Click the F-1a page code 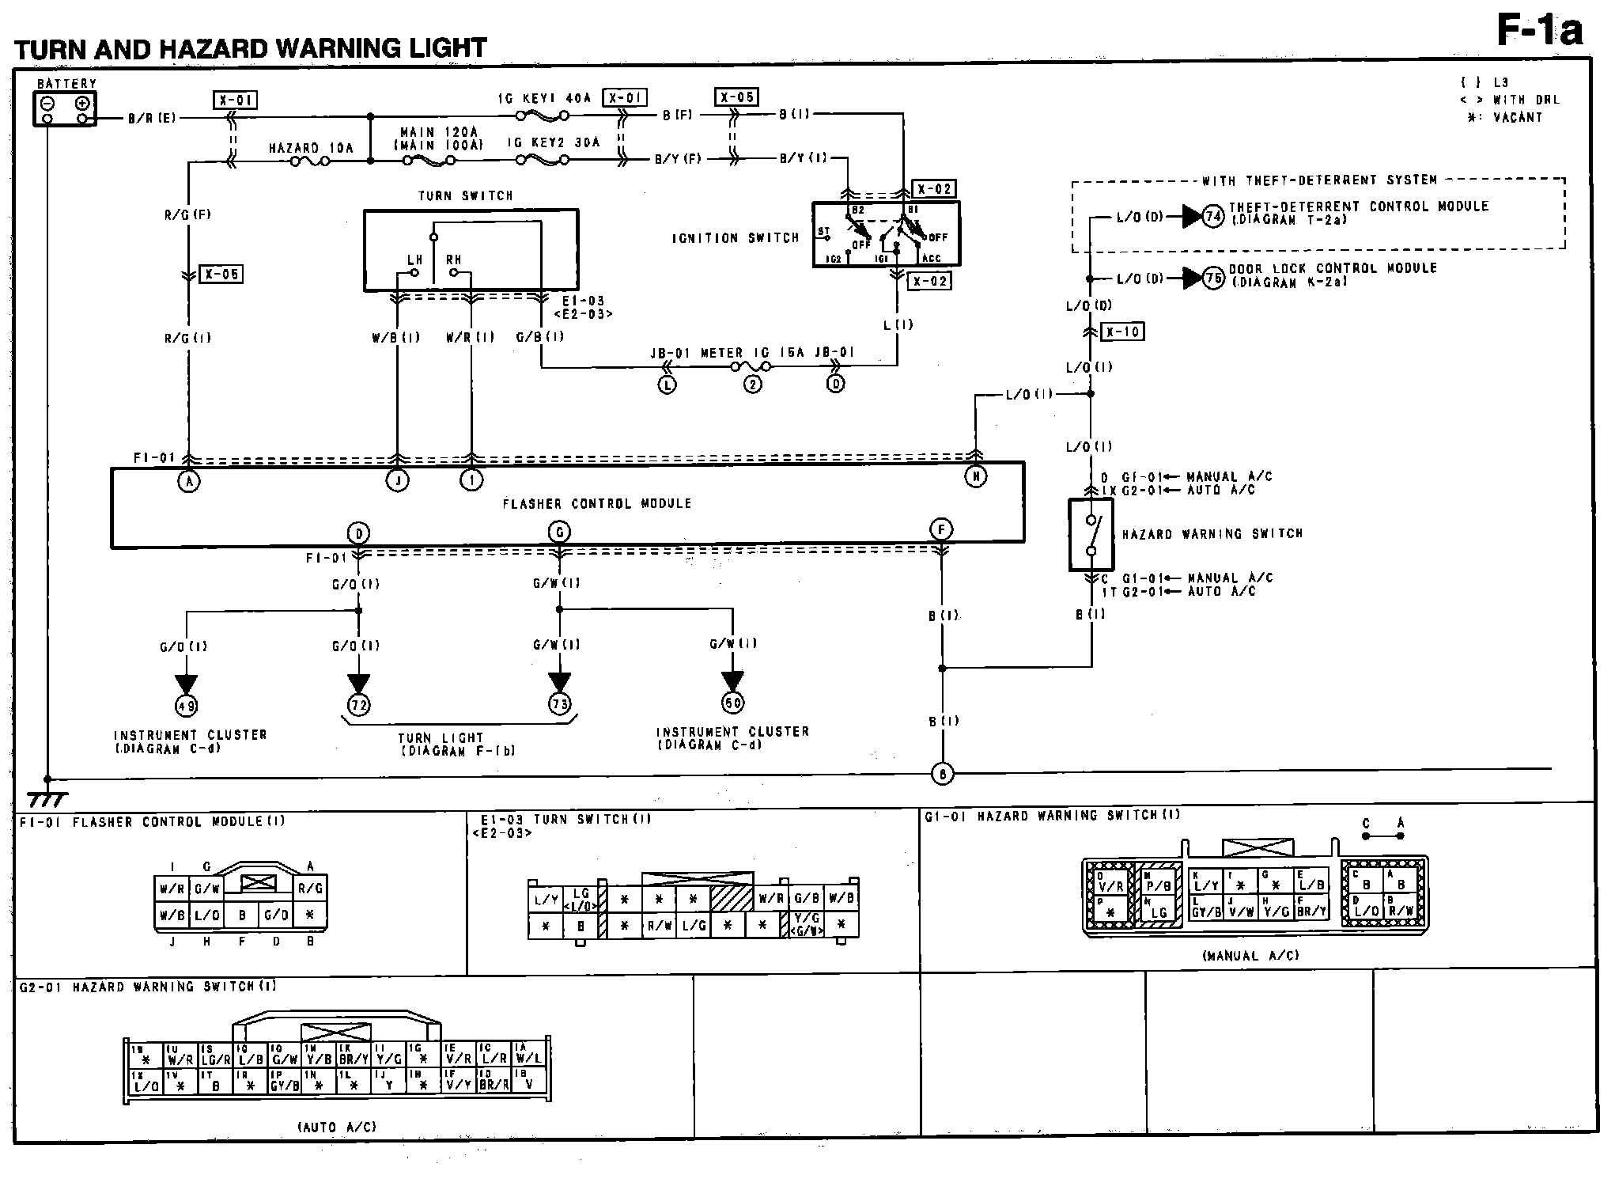click(1539, 32)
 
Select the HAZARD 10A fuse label click(311, 148)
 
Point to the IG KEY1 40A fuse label click(544, 98)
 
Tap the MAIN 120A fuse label click(439, 132)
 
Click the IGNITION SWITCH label click(736, 238)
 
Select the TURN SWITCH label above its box click(466, 195)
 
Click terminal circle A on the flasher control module click(188, 480)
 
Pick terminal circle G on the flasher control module click(560, 532)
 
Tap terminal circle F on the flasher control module click(941, 529)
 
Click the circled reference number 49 click(186, 705)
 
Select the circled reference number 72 click(359, 704)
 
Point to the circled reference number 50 click(733, 702)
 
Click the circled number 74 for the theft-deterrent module click(1214, 216)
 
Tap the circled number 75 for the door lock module click(1214, 279)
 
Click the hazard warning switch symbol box click(1091, 535)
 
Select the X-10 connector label click(1122, 332)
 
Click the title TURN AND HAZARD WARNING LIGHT click(251, 49)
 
